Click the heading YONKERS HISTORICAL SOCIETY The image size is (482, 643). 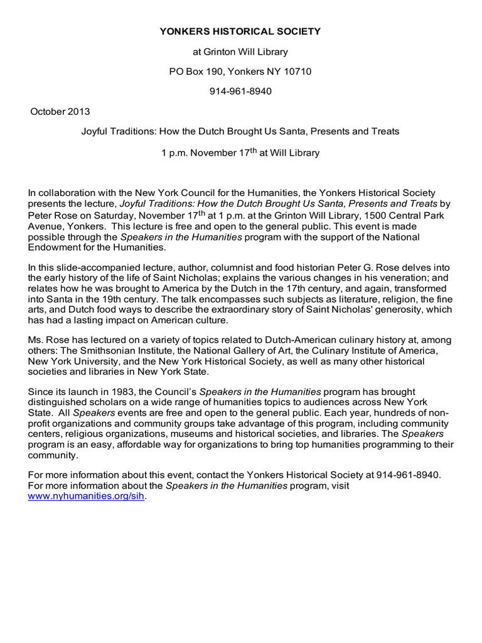(x=240, y=31)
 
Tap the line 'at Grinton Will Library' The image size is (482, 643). (x=240, y=51)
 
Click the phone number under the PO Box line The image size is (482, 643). (x=240, y=92)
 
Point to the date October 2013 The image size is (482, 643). (x=60, y=112)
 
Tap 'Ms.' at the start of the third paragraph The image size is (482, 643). (x=36, y=332)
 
